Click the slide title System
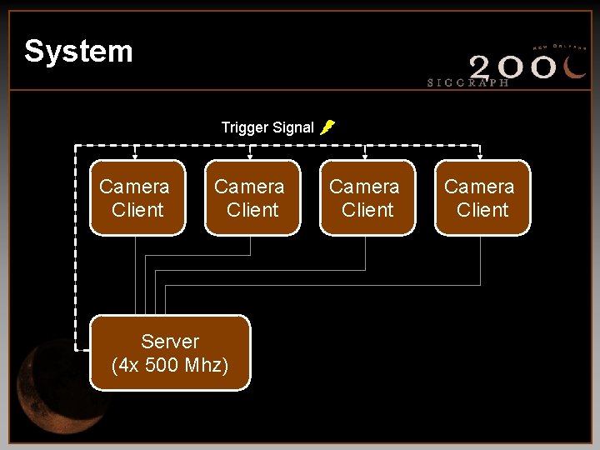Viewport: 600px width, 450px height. [78, 52]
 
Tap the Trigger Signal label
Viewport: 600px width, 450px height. [267, 127]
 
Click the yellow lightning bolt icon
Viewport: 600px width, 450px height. [327, 127]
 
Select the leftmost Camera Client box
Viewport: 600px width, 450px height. [137, 198]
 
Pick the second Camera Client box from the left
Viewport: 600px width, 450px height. [252, 198]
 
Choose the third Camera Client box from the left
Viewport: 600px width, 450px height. [367, 198]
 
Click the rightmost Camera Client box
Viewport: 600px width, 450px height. [482, 198]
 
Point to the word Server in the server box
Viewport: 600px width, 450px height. [170, 342]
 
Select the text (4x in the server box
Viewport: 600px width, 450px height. [125, 365]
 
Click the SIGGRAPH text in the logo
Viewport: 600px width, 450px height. [467, 82]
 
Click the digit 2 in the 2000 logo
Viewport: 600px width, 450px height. [486, 66]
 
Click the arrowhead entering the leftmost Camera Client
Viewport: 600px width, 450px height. [136, 156]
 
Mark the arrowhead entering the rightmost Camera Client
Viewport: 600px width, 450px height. [479, 156]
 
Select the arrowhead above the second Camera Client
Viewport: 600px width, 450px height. [251, 156]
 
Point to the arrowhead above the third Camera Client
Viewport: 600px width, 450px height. [365, 156]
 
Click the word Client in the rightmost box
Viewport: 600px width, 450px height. [482, 210]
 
